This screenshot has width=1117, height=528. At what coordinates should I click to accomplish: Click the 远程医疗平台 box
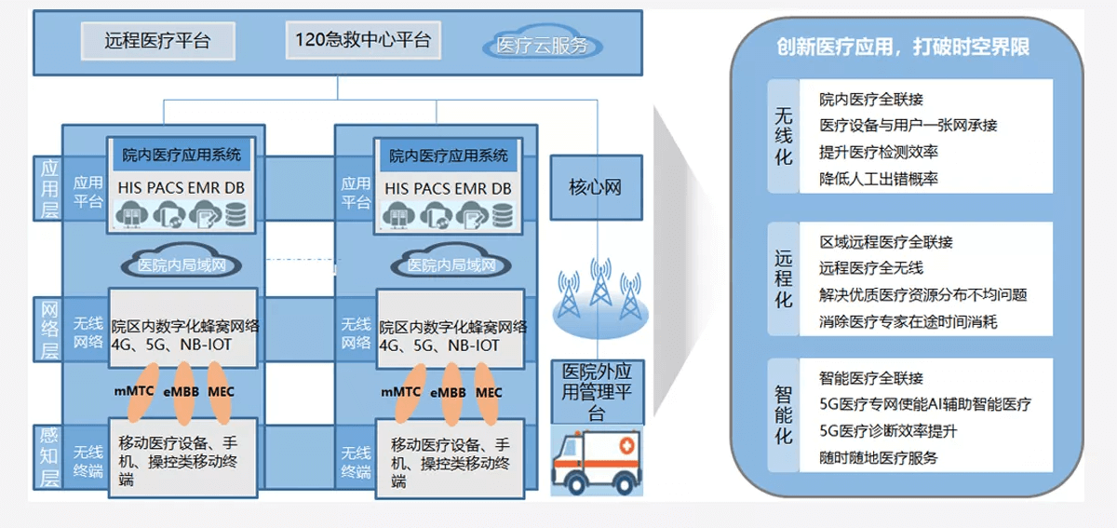pos(156,41)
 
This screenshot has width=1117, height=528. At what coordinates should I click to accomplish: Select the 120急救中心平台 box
pos(362,40)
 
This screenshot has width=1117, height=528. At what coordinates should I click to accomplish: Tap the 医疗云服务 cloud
pos(542,45)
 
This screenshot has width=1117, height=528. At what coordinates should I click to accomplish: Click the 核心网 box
pos(595,187)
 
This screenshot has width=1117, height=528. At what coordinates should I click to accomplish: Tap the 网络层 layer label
pos(49,330)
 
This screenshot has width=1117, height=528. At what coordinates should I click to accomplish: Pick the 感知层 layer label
pos(49,456)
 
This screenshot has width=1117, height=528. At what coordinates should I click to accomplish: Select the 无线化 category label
pos(784,136)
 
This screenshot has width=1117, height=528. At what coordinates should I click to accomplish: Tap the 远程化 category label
pos(784,278)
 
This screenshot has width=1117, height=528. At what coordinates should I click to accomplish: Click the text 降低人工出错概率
pos(878,178)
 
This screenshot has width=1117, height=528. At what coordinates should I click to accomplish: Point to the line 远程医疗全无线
pos(871,268)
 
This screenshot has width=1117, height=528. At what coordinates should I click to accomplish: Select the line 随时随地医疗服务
pos(878,457)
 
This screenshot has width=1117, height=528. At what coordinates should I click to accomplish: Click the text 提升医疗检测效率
pos(878,152)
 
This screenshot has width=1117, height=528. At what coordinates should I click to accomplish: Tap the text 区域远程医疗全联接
pos(885,242)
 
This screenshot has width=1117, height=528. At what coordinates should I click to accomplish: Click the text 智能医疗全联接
pos(871,378)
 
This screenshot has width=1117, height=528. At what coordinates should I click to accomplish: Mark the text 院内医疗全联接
pos(871,99)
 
